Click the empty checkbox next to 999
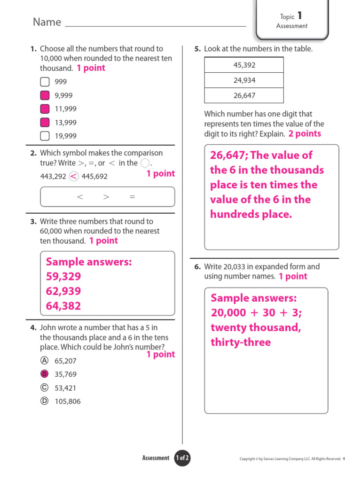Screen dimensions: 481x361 (x=45, y=82)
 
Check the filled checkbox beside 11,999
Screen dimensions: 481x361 (x=45, y=109)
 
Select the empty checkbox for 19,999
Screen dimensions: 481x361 (x=45, y=136)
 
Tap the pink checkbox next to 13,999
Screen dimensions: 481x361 (x=45, y=123)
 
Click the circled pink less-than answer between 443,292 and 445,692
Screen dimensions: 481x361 (x=74, y=177)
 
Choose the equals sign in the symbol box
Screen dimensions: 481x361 (x=132, y=197)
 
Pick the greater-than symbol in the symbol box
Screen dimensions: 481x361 (x=106, y=197)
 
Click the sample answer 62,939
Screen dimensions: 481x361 (x=63, y=291)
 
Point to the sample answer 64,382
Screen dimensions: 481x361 (x=63, y=306)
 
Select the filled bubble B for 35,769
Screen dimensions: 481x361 (x=45, y=374)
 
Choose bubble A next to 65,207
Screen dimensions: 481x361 (x=45, y=360)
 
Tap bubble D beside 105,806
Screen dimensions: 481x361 (x=45, y=401)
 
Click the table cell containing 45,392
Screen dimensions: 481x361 (x=244, y=65)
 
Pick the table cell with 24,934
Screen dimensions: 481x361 (x=244, y=80)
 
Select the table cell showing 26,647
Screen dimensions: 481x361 (x=244, y=95)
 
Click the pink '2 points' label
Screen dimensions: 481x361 (x=305, y=134)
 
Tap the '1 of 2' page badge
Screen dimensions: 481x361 (x=182, y=458)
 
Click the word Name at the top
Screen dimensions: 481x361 (x=47, y=22)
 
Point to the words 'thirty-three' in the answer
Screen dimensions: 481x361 (x=241, y=342)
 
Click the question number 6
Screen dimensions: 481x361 (x=197, y=267)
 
